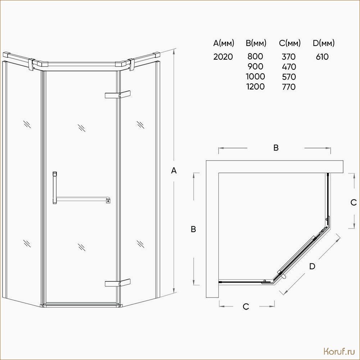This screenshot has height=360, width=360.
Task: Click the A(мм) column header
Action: tap(223, 43)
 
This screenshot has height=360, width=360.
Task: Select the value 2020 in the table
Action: tap(223, 56)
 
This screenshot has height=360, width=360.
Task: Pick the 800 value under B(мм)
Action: tap(255, 56)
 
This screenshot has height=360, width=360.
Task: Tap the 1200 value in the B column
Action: tap(255, 87)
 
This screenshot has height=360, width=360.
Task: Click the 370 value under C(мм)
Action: tap(289, 56)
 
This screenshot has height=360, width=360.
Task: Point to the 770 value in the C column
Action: tap(289, 87)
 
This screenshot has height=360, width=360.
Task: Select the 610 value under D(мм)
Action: tap(322, 57)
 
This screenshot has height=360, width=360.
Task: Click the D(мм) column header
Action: tap(323, 43)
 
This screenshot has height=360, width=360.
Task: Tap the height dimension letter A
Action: tap(174, 171)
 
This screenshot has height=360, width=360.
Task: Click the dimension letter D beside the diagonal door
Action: tap(312, 266)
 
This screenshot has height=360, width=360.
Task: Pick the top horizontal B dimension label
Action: tap(276, 148)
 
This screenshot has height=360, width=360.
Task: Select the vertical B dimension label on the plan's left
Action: tap(193, 229)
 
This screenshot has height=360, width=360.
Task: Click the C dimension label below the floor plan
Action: tap(246, 306)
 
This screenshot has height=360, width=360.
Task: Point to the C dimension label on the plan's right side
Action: tap(354, 202)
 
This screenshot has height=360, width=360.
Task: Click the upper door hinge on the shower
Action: tap(117, 94)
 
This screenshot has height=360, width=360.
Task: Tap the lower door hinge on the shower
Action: tap(117, 283)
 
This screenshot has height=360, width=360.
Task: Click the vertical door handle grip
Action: tap(55, 188)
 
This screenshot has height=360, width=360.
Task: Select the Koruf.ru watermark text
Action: tap(340, 351)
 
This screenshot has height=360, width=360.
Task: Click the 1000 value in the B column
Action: tap(255, 77)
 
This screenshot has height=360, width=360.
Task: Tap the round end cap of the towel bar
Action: tap(108, 201)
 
